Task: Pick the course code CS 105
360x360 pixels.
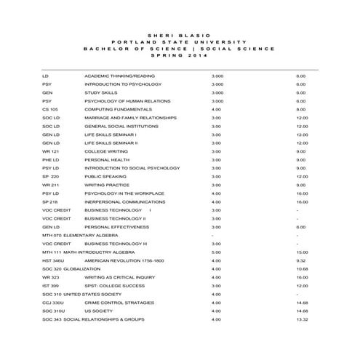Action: tap(50, 109)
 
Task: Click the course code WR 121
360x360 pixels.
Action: tap(51, 151)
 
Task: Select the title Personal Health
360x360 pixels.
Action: tap(106, 159)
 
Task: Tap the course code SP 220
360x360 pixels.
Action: tap(51, 176)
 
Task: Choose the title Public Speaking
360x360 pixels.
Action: tap(105, 176)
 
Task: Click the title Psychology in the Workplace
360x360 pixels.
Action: tap(124, 193)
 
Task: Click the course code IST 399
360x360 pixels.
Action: tap(50, 285)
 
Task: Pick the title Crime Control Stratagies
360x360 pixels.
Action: tap(119, 302)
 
